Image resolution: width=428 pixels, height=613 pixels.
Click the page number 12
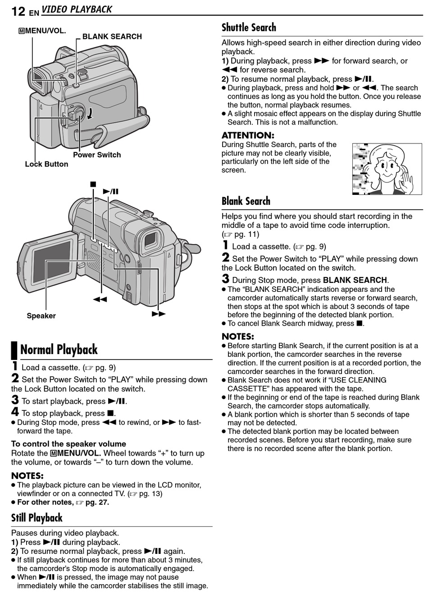click(18, 11)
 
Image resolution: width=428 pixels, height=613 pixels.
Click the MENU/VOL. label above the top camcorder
click(42, 31)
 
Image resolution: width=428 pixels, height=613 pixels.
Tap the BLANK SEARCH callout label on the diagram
click(112, 37)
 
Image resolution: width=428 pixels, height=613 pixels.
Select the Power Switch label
click(97, 155)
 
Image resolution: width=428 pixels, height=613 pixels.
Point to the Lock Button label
click(46, 164)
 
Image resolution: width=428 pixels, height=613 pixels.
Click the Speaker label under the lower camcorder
click(41, 316)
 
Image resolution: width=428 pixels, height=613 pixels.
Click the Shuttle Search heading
click(249, 28)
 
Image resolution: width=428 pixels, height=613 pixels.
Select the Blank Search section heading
click(246, 201)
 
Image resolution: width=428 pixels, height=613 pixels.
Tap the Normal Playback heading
click(59, 350)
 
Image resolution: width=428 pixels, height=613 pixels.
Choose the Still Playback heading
click(37, 518)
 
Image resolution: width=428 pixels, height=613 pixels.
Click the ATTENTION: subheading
click(248, 135)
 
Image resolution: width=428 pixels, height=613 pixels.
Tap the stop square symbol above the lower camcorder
click(93, 184)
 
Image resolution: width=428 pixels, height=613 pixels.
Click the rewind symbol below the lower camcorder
click(100, 299)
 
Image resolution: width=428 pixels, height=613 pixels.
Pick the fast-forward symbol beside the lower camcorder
click(159, 313)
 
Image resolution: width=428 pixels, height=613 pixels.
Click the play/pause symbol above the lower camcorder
click(111, 191)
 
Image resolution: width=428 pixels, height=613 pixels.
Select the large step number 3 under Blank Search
click(226, 279)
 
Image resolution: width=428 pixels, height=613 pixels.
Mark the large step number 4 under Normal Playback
click(15, 412)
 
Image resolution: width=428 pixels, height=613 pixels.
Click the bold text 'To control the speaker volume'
click(68, 444)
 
